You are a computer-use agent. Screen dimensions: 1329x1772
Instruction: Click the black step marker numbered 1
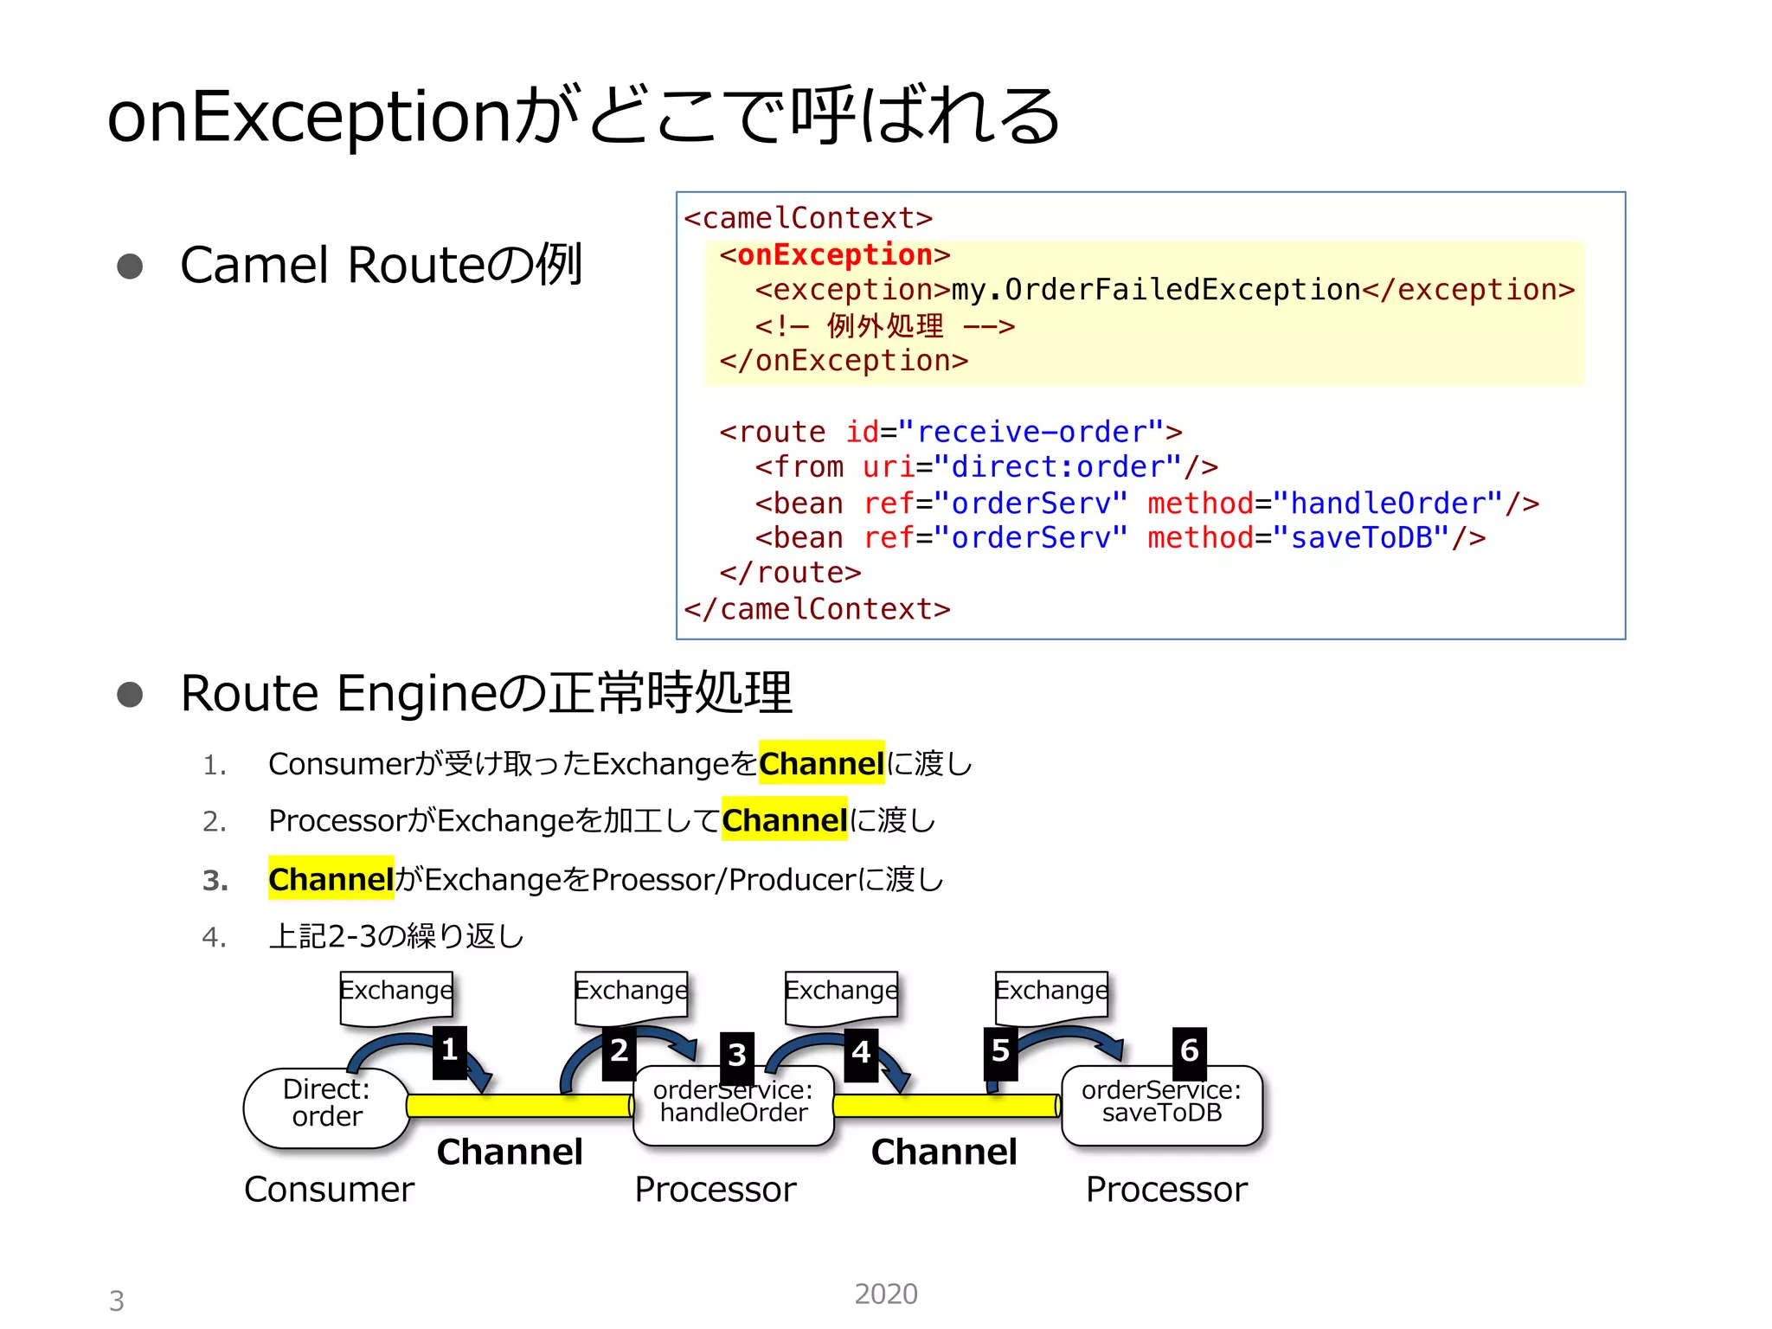pos(449,1051)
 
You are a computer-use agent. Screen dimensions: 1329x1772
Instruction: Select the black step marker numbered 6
pos(1189,1050)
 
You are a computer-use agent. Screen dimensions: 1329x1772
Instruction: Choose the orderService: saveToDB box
pos(1161,1103)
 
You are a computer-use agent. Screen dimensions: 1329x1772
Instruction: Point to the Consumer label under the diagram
pos(329,1190)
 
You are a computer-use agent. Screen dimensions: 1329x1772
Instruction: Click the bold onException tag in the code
pos(834,254)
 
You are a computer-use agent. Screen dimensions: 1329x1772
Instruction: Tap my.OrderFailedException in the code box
pos(1156,290)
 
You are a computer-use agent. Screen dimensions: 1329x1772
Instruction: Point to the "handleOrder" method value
pos(1396,503)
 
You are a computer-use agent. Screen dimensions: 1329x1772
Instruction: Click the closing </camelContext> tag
pos(817,609)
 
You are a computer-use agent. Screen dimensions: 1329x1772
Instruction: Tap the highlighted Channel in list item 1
pos(821,763)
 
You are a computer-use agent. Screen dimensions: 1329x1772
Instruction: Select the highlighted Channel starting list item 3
pos(331,879)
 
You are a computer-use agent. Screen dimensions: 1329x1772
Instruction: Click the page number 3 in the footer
pos(117,1300)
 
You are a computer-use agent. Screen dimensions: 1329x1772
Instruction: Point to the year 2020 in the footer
pos(885,1294)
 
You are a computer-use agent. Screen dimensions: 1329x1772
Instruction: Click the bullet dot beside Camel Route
pos(130,266)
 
